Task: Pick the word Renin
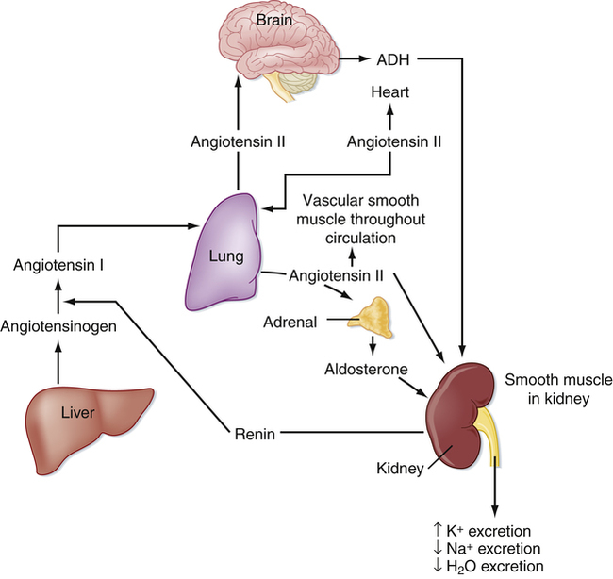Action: tap(253, 434)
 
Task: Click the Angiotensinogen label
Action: tap(58, 326)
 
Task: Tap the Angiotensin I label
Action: tap(58, 265)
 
